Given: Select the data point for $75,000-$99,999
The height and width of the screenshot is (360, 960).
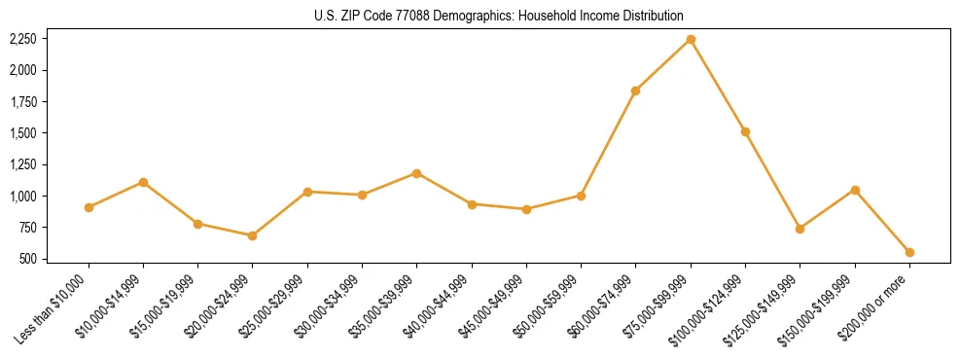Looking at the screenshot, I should tap(691, 39).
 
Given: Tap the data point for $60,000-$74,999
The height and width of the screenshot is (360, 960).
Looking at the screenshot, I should tap(635, 90).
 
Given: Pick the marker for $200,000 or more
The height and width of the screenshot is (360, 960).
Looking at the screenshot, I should tap(909, 252).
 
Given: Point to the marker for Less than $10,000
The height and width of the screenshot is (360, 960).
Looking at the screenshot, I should tap(89, 207).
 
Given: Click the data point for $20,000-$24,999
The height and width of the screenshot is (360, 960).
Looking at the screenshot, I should tap(253, 235).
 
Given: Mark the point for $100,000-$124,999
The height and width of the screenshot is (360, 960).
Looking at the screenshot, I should tap(745, 131).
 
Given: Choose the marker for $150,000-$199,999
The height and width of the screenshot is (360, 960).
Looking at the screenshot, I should tap(855, 190).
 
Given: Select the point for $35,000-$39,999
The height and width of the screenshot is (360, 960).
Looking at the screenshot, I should tap(416, 173).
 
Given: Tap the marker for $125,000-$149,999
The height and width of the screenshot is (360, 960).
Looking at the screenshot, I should tap(800, 229).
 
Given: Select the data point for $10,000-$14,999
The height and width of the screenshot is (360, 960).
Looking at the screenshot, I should tap(143, 182).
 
